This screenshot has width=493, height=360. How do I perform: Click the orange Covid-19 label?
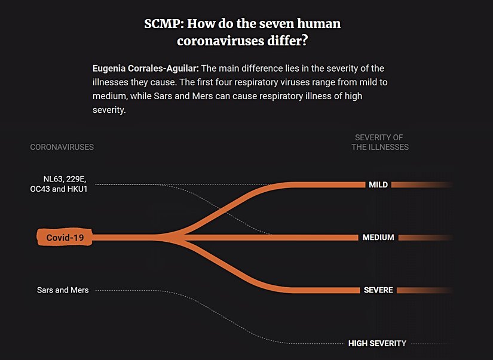coord(65,238)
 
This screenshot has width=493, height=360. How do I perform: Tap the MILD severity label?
coord(378,184)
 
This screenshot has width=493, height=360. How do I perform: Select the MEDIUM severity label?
coord(378,238)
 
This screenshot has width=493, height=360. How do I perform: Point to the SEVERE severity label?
coord(378,290)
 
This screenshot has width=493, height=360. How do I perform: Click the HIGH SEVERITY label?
coord(377,343)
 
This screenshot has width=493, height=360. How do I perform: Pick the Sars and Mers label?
coord(63,290)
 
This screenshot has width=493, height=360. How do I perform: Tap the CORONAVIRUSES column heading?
coord(62,147)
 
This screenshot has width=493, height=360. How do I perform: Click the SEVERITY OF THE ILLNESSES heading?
coord(379,142)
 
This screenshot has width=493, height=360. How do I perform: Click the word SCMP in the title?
coord(163,24)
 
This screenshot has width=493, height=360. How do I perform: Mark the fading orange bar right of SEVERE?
coord(424,290)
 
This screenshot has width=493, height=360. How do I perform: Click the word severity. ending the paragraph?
coord(109,110)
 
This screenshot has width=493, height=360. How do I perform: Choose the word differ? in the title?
coord(290,41)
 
